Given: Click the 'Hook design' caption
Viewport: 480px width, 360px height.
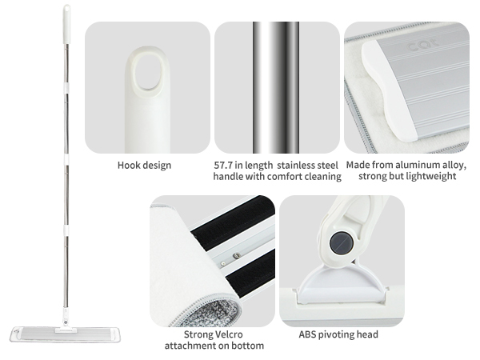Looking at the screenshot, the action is click(x=144, y=166).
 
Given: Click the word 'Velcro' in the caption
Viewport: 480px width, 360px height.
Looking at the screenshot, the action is click(x=227, y=334).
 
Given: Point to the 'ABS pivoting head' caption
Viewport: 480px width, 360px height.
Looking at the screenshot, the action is click(x=338, y=334).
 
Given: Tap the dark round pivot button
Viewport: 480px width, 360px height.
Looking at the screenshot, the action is click(x=341, y=242).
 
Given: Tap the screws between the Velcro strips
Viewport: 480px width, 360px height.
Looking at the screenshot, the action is click(x=230, y=259).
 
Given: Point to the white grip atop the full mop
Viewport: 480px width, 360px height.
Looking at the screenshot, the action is click(x=66, y=24).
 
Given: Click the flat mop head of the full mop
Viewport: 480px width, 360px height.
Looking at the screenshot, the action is click(x=66, y=334).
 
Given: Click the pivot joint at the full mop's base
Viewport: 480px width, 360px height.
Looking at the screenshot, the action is click(x=66, y=318).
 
